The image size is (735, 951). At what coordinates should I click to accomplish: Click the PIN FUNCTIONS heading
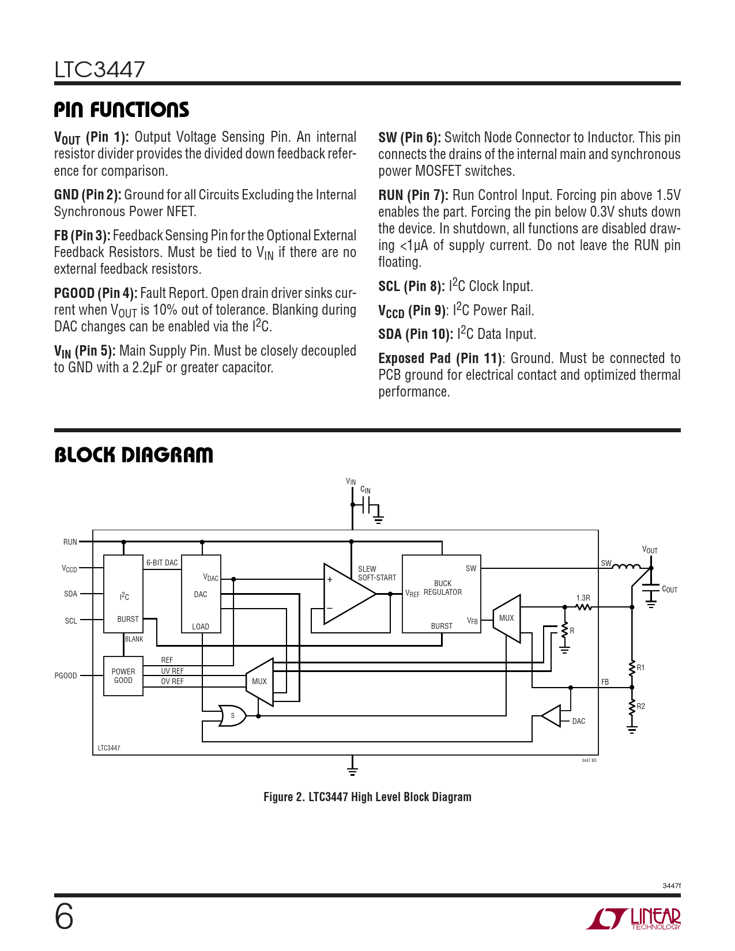click(121, 110)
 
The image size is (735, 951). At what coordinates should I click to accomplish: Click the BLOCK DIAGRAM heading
click(133, 455)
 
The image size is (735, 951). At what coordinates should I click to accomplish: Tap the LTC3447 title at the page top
click(100, 70)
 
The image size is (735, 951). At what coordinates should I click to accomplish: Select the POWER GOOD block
click(123, 675)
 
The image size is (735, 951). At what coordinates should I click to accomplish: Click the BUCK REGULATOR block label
click(442, 588)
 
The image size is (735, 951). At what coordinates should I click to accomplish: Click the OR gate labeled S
click(232, 716)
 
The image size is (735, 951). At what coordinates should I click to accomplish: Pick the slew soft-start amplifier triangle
click(346, 594)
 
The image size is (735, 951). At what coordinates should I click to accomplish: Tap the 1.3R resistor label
click(583, 598)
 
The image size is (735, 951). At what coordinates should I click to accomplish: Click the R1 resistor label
click(640, 667)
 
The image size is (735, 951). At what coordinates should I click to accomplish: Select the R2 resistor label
click(640, 706)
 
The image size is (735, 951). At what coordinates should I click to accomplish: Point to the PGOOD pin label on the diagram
click(66, 675)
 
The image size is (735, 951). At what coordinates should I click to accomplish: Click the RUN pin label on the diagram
click(70, 542)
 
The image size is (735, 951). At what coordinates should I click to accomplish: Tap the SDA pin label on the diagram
click(70, 594)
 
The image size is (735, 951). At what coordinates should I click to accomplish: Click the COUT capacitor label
click(669, 589)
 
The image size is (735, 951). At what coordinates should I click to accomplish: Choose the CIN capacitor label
click(365, 490)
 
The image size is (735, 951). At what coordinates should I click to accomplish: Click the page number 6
click(64, 916)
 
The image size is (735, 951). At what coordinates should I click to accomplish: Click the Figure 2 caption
click(367, 797)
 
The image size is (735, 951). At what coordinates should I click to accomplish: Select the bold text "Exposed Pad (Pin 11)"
click(440, 358)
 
